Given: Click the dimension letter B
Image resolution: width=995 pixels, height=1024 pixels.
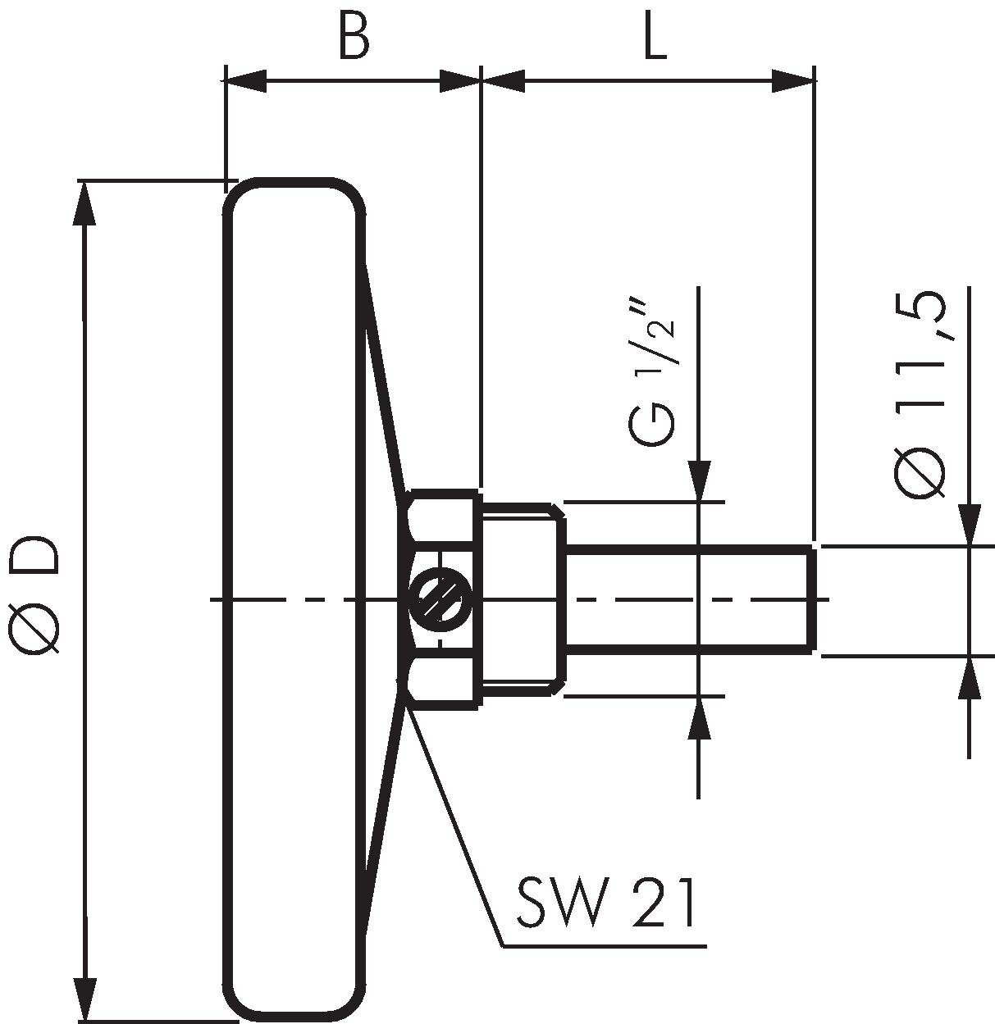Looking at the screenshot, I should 354,37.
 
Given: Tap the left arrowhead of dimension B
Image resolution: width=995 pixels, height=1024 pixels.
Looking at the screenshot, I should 245,81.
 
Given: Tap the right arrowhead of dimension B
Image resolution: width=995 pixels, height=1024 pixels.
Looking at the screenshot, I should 459,81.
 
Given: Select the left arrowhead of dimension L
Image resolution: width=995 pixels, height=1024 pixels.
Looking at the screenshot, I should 503,81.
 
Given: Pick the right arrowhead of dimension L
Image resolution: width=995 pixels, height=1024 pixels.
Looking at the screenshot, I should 793,81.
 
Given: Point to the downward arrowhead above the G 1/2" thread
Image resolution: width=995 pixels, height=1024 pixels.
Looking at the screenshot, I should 698,480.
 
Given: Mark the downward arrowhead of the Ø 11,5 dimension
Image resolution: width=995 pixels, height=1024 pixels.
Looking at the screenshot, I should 970,524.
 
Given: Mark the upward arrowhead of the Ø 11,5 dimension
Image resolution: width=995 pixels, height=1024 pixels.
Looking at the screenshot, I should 970,677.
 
